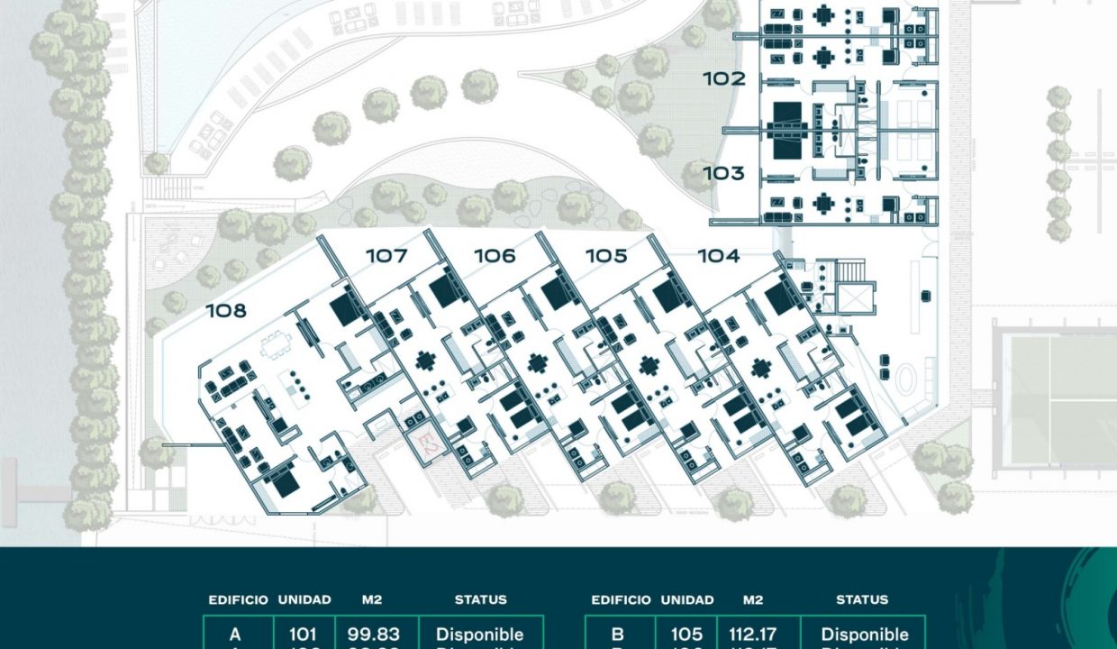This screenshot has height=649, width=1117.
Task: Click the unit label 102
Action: (724, 79)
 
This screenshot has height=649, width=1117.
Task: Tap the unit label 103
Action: (724, 173)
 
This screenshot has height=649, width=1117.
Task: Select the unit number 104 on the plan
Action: (718, 256)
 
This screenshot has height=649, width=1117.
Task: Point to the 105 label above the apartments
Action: (606, 256)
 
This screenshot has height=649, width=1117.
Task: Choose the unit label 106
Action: (495, 256)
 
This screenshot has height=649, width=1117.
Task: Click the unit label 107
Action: (386, 256)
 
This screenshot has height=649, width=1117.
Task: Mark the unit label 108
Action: (226, 311)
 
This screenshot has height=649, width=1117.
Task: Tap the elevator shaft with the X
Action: (854, 297)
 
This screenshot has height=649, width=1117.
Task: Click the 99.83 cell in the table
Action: (374, 635)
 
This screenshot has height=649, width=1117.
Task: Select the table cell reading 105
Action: (687, 635)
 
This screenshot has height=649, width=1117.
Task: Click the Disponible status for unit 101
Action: (479, 635)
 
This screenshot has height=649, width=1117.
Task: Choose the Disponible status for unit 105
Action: (865, 635)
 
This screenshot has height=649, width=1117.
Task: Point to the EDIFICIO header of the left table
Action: (238, 599)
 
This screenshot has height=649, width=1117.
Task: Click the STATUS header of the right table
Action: (862, 599)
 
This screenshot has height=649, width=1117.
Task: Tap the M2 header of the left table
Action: (373, 599)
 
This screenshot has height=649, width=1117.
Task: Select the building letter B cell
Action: (618, 635)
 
